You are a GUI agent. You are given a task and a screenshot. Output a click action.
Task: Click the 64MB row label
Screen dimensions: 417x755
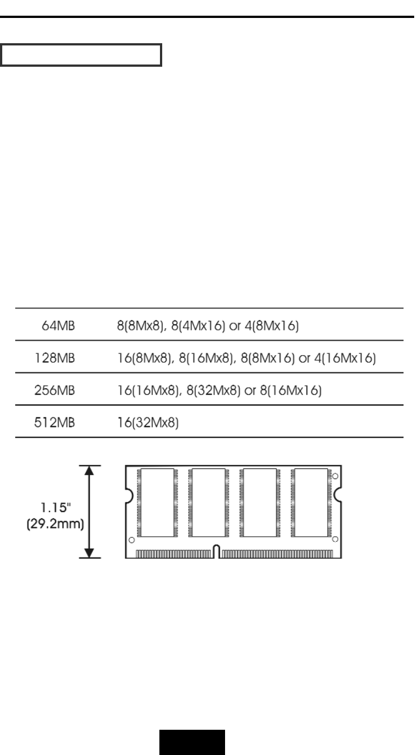point(58,325)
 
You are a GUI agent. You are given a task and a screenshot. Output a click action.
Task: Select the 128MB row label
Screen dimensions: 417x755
point(54,358)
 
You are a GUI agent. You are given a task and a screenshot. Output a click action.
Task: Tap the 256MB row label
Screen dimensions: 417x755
point(54,390)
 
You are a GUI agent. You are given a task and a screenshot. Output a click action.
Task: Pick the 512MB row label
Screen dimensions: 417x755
point(54,423)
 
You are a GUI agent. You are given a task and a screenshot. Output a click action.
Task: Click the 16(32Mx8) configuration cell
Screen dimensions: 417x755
point(148,423)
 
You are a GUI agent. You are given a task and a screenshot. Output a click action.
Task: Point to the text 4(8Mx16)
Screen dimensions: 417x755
point(272,325)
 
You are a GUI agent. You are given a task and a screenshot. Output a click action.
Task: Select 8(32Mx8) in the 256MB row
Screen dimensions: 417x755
point(214,390)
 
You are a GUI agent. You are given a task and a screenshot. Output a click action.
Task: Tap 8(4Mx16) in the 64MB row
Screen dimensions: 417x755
point(198,325)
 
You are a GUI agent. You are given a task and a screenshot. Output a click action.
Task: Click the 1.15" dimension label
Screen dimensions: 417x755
point(56,508)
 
